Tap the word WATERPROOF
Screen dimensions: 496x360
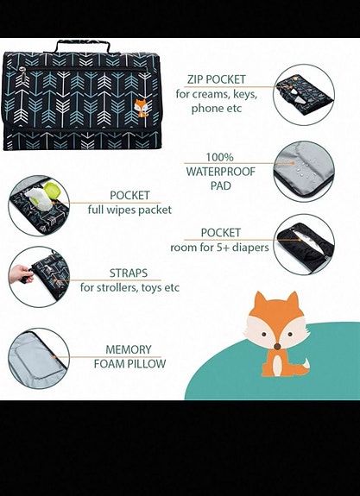220,172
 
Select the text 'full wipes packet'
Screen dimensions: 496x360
129,210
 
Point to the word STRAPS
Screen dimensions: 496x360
129,272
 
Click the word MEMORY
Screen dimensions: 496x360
129,349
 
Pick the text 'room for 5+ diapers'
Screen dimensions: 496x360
220,248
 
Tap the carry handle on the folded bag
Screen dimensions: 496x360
82,46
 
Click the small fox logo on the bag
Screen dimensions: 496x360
139,109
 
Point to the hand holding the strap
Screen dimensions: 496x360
19,274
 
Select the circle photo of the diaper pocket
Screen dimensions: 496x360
303,244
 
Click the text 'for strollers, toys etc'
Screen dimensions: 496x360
129,287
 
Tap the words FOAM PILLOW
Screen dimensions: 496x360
129,363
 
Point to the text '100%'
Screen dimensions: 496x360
220,157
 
